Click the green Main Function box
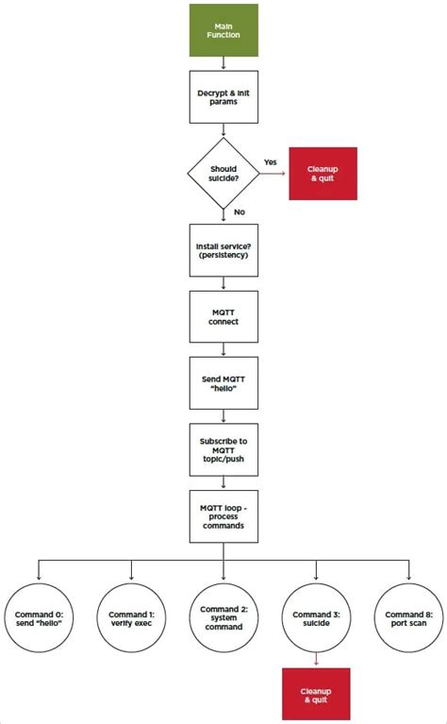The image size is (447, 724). click(x=223, y=29)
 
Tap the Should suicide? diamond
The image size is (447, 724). click(x=223, y=173)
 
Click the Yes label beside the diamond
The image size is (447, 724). click(x=271, y=162)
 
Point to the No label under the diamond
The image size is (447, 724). click(x=239, y=213)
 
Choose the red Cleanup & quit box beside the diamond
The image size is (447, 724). click(x=323, y=173)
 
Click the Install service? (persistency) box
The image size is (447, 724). click(x=223, y=249)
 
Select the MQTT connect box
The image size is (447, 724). click(x=223, y=316)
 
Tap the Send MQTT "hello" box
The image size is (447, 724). click(x=223, y=383)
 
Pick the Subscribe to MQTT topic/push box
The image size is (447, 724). click(x=223, y=449)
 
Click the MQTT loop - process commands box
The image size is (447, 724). click(x=223, y=516)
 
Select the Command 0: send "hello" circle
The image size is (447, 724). click(x=39, y=618)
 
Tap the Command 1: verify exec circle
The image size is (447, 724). click(x=131, y=618)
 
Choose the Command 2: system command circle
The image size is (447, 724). click(x=223, y=618)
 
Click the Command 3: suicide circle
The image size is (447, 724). click(x=316, y=618)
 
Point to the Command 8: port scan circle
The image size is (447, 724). click(x=409, y=618)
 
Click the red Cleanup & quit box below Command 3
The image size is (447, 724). click(x=316, y=693)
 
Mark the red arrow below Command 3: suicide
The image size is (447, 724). click(x=316, y=661)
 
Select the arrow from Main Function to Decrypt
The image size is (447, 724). click(x=223, y=64)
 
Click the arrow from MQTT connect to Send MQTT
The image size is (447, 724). click(x=223, y=349)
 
